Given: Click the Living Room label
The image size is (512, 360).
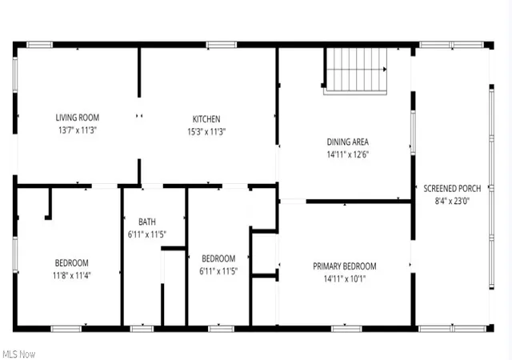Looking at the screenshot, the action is tap(78, 118).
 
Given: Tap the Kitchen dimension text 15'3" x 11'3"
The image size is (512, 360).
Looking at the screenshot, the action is tap(206, 132).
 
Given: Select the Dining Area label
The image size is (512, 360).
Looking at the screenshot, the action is tap(348, 142).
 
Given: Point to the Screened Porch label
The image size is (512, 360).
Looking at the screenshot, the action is tap(452, 189).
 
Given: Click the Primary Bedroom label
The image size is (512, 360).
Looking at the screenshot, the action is tap(345, 266).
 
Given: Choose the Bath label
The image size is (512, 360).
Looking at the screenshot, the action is tap(147, 222).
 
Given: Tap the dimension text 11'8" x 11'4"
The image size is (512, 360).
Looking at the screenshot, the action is tap(72, 276).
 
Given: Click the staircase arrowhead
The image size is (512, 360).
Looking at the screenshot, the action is tap(385, 70).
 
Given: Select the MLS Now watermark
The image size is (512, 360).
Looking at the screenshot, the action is tap(19, 354).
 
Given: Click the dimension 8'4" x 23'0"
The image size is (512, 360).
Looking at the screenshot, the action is tap(452, 201).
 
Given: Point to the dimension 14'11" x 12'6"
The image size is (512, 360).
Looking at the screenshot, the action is tap(348, 154).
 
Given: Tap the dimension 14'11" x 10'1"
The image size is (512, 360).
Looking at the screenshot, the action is tap(345, 278).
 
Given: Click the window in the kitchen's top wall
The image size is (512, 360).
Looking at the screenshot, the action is tap(222, 45).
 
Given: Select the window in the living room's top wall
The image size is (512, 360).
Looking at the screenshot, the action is tap(39, 45).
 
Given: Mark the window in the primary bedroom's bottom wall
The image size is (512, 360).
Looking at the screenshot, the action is tap(346, 329).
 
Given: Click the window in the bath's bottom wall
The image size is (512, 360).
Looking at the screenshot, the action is tap(142, 329).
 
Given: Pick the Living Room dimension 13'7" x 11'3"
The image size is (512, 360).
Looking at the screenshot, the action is tap(78, 130).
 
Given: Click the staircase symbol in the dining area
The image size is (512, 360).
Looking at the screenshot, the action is tap(355, 71).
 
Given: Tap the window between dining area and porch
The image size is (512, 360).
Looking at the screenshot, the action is tap(413, 132).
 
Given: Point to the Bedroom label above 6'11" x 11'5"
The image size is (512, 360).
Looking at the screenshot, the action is tap(218, 258).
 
